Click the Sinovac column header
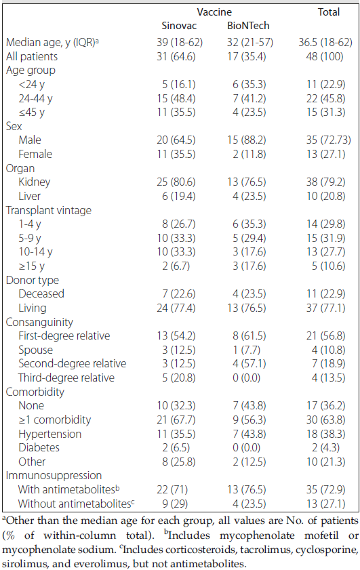pyautogui.click(x=179, y=26)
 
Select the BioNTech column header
pyautogui.click(x=248, y=26)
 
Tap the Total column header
pyautogui.click(x=329, y=12)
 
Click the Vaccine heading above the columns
pyautogui.click(x=214, y=12)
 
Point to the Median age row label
pyautogui.click(x=52, y=43)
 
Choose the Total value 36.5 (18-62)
pyautogui.click(x=325, y=43)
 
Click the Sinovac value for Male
pyautogui.click(x=176, y=140)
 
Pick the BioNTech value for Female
pyautogui.click(x=249, y=154)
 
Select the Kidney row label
pyautogui.click(x=34, y=182)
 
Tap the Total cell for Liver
pyautogui.click(x=326, y=197)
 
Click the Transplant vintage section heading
pyautogui.click(x=49, y=211)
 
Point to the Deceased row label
pyautogui.click(x=41, y=293)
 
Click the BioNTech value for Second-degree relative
pyautogui.click(x=249, y=363)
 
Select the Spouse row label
pyautogui.click(x=36, y=350)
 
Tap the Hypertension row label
pyautogui.click(x=49, y=434)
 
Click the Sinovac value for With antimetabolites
pyautogui.click(x=172, y=489)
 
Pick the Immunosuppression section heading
pyautogui.click(x=54, y=476)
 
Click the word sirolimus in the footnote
pyautogui.click(x=22, y=564)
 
